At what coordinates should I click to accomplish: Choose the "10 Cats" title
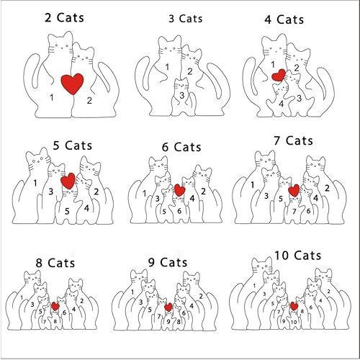(x=297, y=255)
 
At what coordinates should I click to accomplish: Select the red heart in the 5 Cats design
(x=68, y=181)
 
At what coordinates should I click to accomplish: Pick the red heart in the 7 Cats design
(x=294, y=190)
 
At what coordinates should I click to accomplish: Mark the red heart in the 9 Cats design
(x=168, y=307)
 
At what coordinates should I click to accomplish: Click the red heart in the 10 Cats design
(x=294, y=307)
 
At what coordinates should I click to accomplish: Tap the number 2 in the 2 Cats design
(x=89, y=100)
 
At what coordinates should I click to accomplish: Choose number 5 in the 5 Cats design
(x=67, y=211)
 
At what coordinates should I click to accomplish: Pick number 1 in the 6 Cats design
(x=145, y=192)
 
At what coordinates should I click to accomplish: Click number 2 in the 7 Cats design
(x=327, y=188)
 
